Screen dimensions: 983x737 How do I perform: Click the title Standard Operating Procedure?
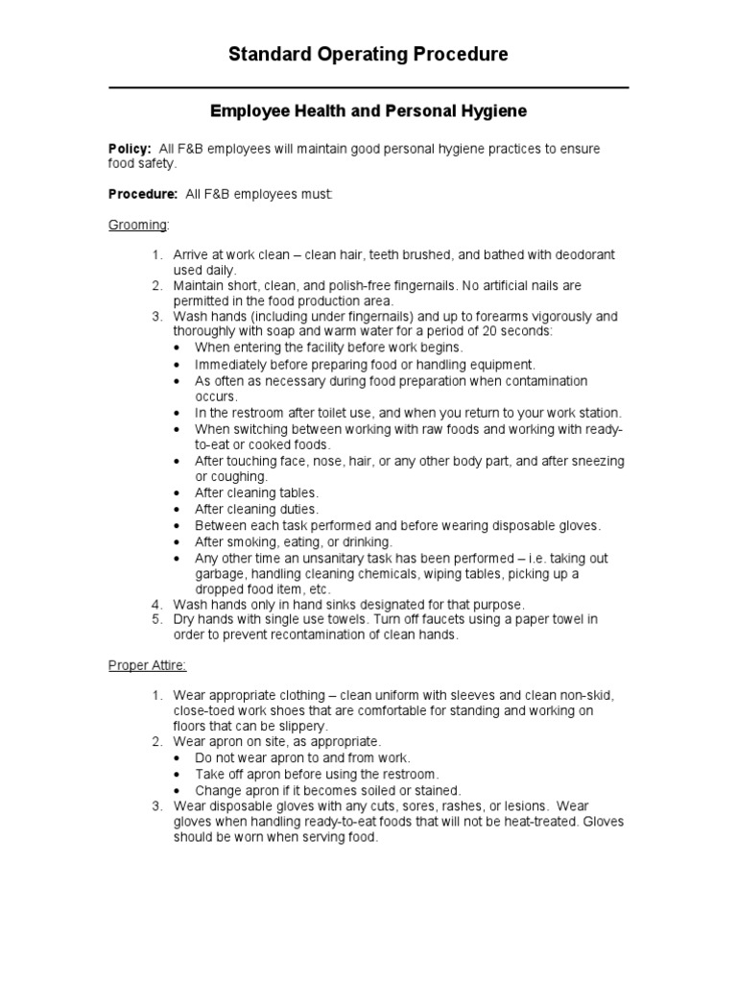pyautogui.click(x=368, y=55)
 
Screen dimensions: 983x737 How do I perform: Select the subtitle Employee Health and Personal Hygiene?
pyautogui.click(x=368, y=112)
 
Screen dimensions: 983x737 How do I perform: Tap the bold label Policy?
pyautogui.click(x=129, y=149)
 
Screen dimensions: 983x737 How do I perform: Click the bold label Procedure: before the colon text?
pyautogui.click(x=142, y=194)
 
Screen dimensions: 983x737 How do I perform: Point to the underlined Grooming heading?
pyautogui.click(x=138, y=225)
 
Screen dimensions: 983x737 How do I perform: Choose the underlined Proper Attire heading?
pyautogui.click(x=147, y=664)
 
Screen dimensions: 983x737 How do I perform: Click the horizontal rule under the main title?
pyautogui.click(x=368, y=87)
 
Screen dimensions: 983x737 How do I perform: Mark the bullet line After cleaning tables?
pyautogui.click(x=256, y=493)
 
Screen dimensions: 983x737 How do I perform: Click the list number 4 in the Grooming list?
pyautogui.click(x=157, y=605)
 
